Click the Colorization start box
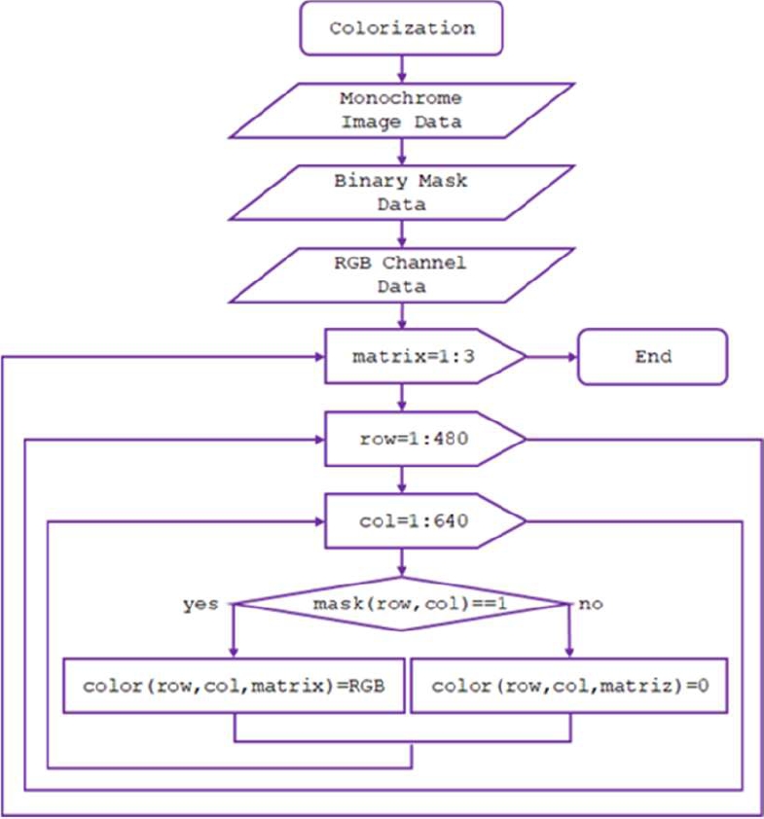[401, 28]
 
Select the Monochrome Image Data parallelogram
[401, 111]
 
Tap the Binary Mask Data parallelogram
[401, 193]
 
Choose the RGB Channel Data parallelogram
[401, 275]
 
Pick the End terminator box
[652, 356]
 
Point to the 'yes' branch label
[200, 604]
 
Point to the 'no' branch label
[591, 604]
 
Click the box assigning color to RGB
[234, 686]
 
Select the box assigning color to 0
[570, 686]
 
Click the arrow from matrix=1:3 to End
[552, 356]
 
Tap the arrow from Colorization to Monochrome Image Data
[401, 68]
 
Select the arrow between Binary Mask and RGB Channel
[401, 233]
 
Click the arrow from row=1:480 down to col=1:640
[401, 480]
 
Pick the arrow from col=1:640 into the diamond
[401, 562]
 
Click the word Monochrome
[401, 98]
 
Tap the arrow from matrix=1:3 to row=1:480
[401, 397]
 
